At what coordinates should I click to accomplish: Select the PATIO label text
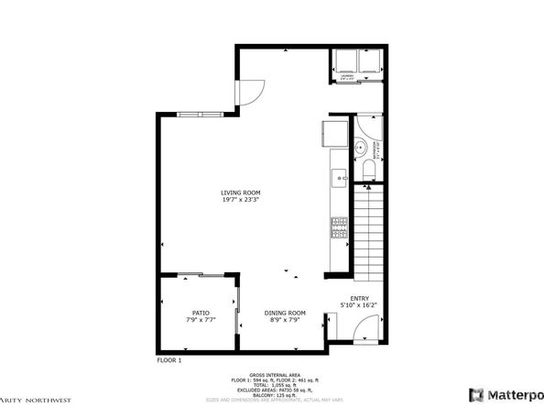tap(200, 313)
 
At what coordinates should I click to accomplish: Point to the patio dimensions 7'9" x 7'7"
tap(200, 320)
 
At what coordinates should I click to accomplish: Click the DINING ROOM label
tap(285, 313)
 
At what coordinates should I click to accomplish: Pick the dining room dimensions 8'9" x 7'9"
tap(285, 320)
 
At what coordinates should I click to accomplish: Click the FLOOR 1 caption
tap(169, 361)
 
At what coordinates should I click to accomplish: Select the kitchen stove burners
tap(337, 226)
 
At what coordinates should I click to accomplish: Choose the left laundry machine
tap(345, 61)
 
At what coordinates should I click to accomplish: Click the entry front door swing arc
tap(363, 326)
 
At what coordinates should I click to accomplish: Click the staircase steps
tap(365, 229)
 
